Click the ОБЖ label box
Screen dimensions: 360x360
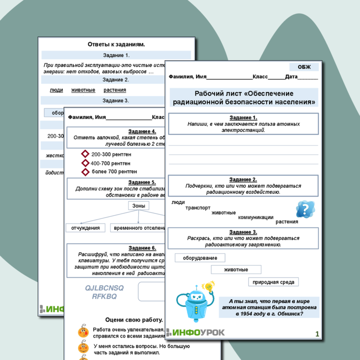pos(304,67)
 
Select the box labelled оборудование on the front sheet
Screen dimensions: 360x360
pos(200,258)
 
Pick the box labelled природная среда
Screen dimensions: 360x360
pos(273,282)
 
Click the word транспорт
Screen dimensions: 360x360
pos(198,208)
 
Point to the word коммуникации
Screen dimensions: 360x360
pos(255,217)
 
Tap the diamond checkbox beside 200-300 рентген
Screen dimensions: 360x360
pos(85,154)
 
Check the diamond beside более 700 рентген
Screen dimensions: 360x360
pos(85,172)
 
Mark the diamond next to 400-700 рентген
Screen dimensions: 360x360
pos(85,163)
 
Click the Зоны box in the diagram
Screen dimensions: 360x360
pos(138,206)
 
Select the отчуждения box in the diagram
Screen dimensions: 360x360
pos(85,228)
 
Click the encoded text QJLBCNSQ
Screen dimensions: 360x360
pos(105,288)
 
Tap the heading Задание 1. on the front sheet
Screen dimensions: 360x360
pos(243,118)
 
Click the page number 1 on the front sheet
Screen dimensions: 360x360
pos(317,334)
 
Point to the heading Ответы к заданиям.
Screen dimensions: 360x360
pos(116,44)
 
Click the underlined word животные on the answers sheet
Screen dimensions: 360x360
pos(83,90)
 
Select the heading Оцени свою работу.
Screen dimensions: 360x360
pos(134,320)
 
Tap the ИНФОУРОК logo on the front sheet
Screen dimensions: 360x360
pos(196,332)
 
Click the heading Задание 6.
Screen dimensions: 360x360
pos(142,248)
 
